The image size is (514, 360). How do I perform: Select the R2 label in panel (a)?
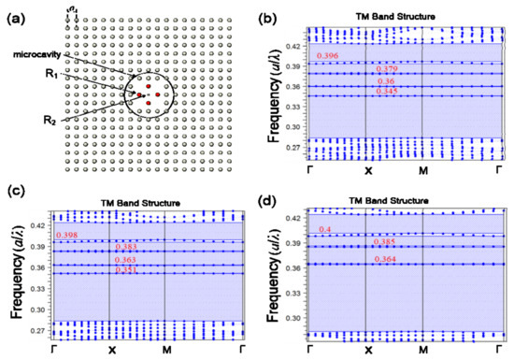pyautogui.click(x=53, y=120)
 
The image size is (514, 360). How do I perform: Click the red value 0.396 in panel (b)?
pyautogui.click(x=328, y=57)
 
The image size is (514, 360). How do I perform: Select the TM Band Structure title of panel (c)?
pyautogui.click(x=139, y=202)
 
